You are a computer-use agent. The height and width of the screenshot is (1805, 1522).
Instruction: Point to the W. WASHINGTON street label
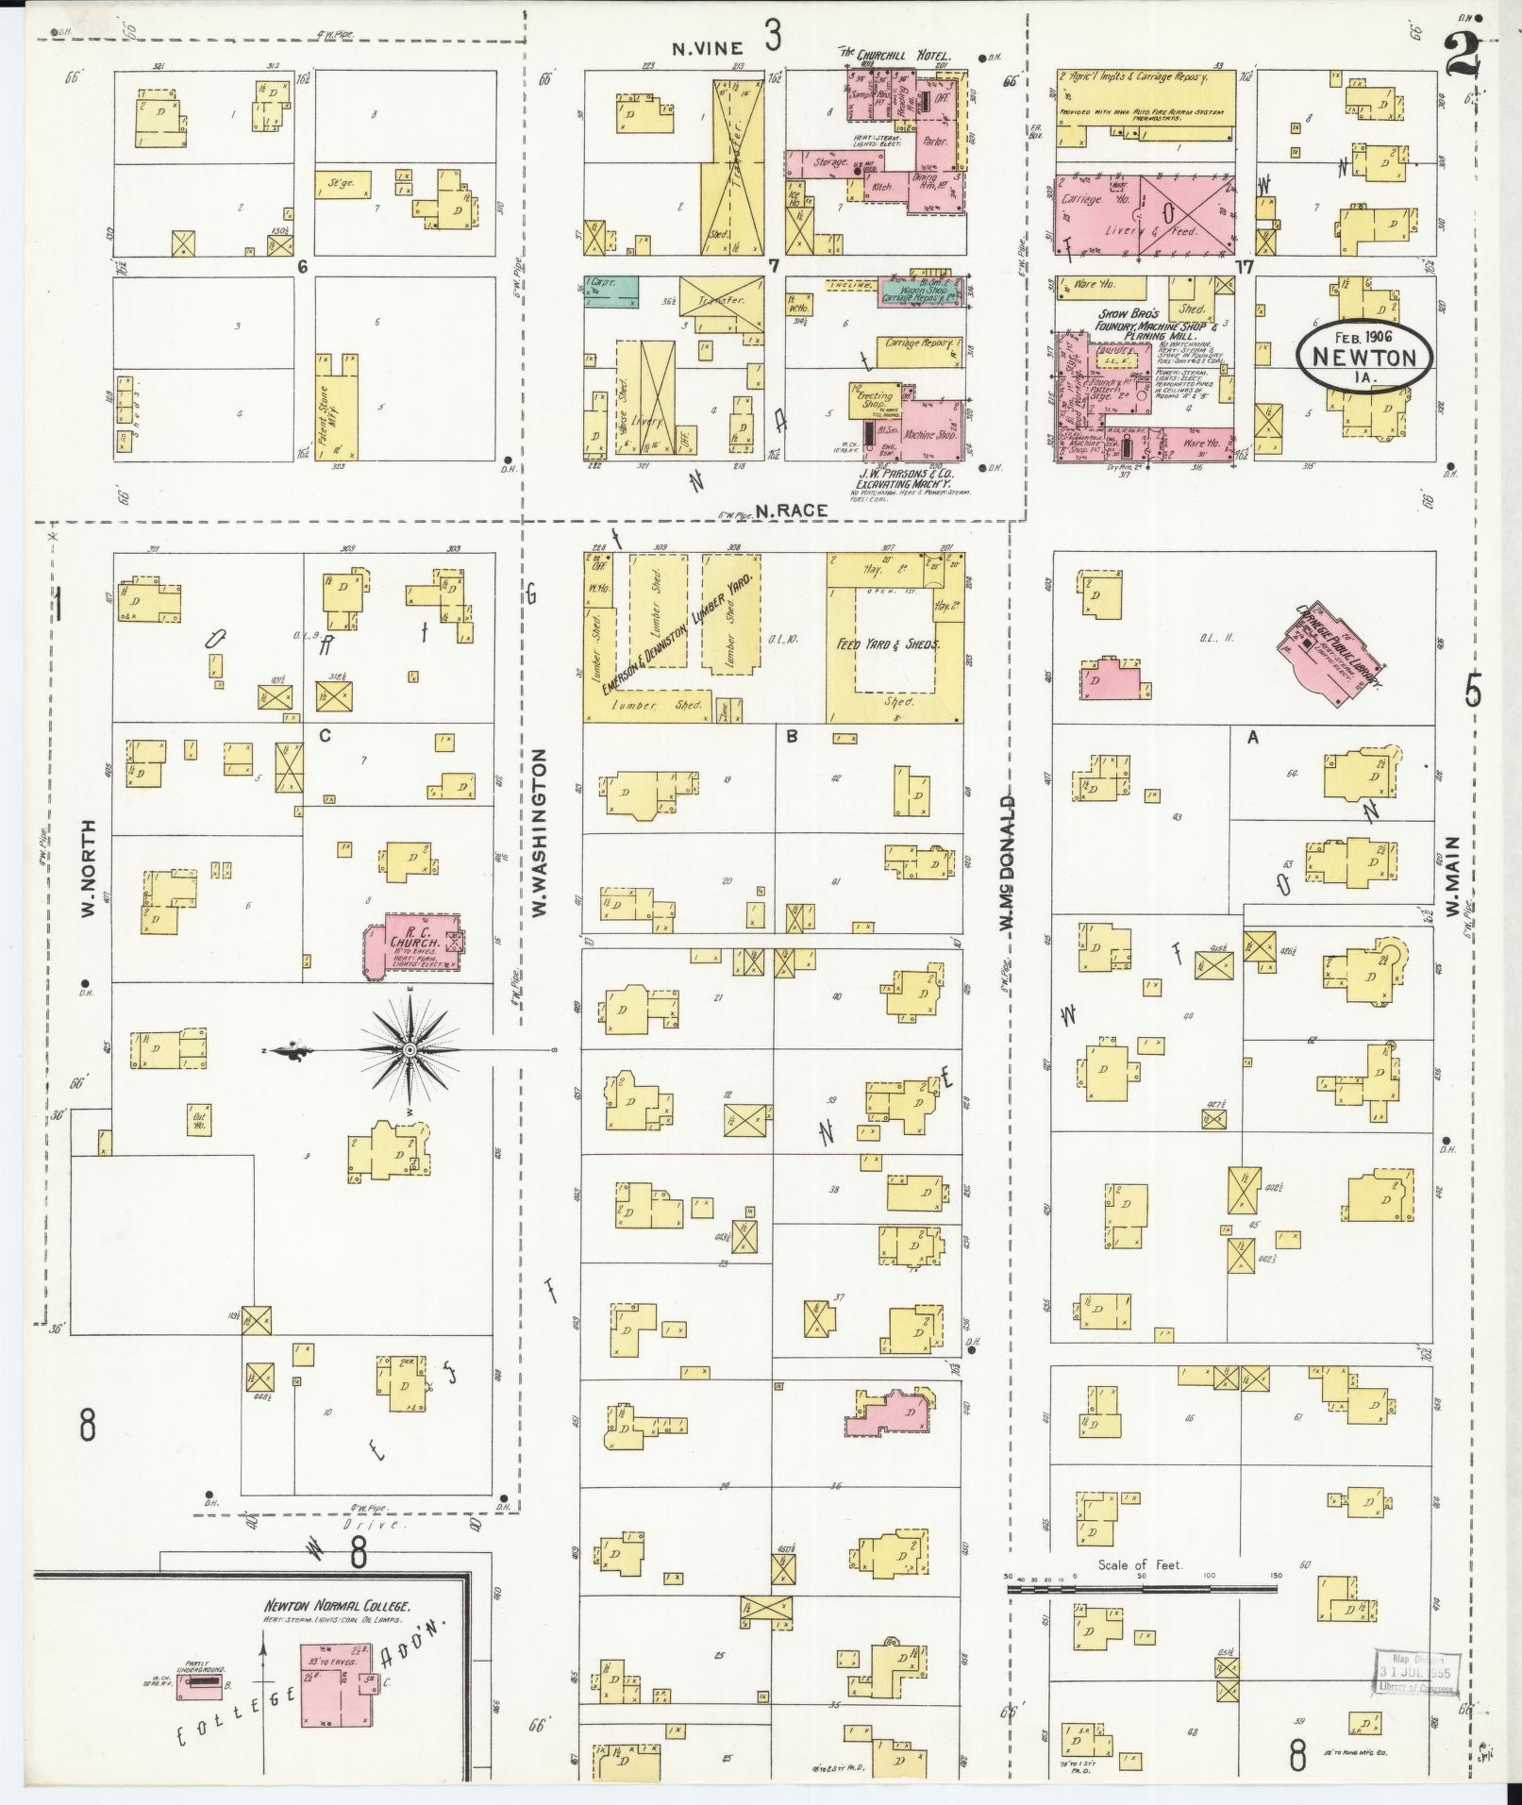(541, 833)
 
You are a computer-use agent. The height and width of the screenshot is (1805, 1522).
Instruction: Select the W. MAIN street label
(1451, 878)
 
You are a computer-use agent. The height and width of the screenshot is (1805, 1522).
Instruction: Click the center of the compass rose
(410, 1050)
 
